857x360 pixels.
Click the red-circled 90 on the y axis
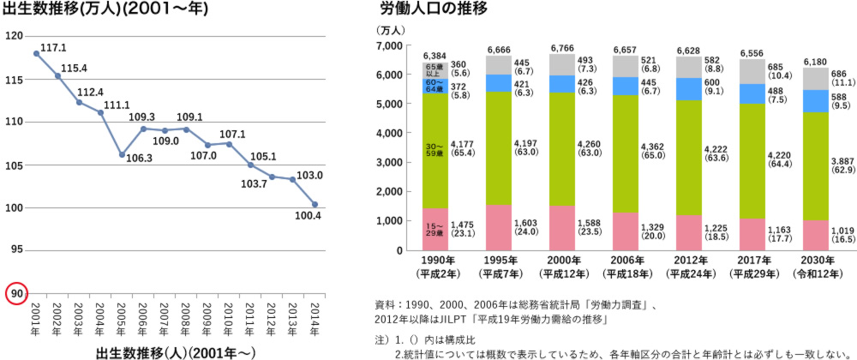(15, 293)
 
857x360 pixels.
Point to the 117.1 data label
(53, 48)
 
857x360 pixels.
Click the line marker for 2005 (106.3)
(122, 154)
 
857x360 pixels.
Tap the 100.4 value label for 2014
(307, 239)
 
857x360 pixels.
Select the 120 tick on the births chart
(15, 36)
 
